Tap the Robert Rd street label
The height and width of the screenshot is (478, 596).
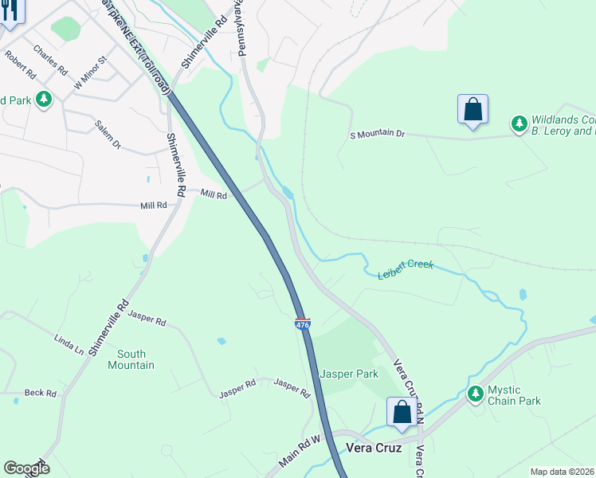coord(21,65)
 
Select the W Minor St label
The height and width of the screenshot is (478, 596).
coord(89,72)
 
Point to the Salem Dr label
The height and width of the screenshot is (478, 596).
coord(107,135)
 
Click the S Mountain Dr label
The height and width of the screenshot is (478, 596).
coord(378,135)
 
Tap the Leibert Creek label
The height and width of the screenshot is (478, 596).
coord(405,269)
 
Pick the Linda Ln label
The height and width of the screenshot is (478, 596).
coord(69,344)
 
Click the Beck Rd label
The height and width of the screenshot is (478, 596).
coord(40,393)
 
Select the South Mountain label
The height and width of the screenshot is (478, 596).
coord(131,359)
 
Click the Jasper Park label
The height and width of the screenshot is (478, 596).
coord(348,374)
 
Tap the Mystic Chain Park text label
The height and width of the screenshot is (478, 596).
coord(515,395)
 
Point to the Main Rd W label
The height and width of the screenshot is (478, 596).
coord(299,452)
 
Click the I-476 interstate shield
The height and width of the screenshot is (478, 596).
coord(303,324)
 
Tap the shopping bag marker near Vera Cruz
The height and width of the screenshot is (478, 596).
coord(402,412)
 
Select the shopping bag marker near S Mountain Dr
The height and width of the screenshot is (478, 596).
coord(472,110)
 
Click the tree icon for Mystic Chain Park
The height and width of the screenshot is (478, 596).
coord(476,394)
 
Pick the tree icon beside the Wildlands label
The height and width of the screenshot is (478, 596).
coord(520,123)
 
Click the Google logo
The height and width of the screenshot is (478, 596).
coord(26,468)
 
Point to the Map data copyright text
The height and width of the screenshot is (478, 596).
coord(563,472)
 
